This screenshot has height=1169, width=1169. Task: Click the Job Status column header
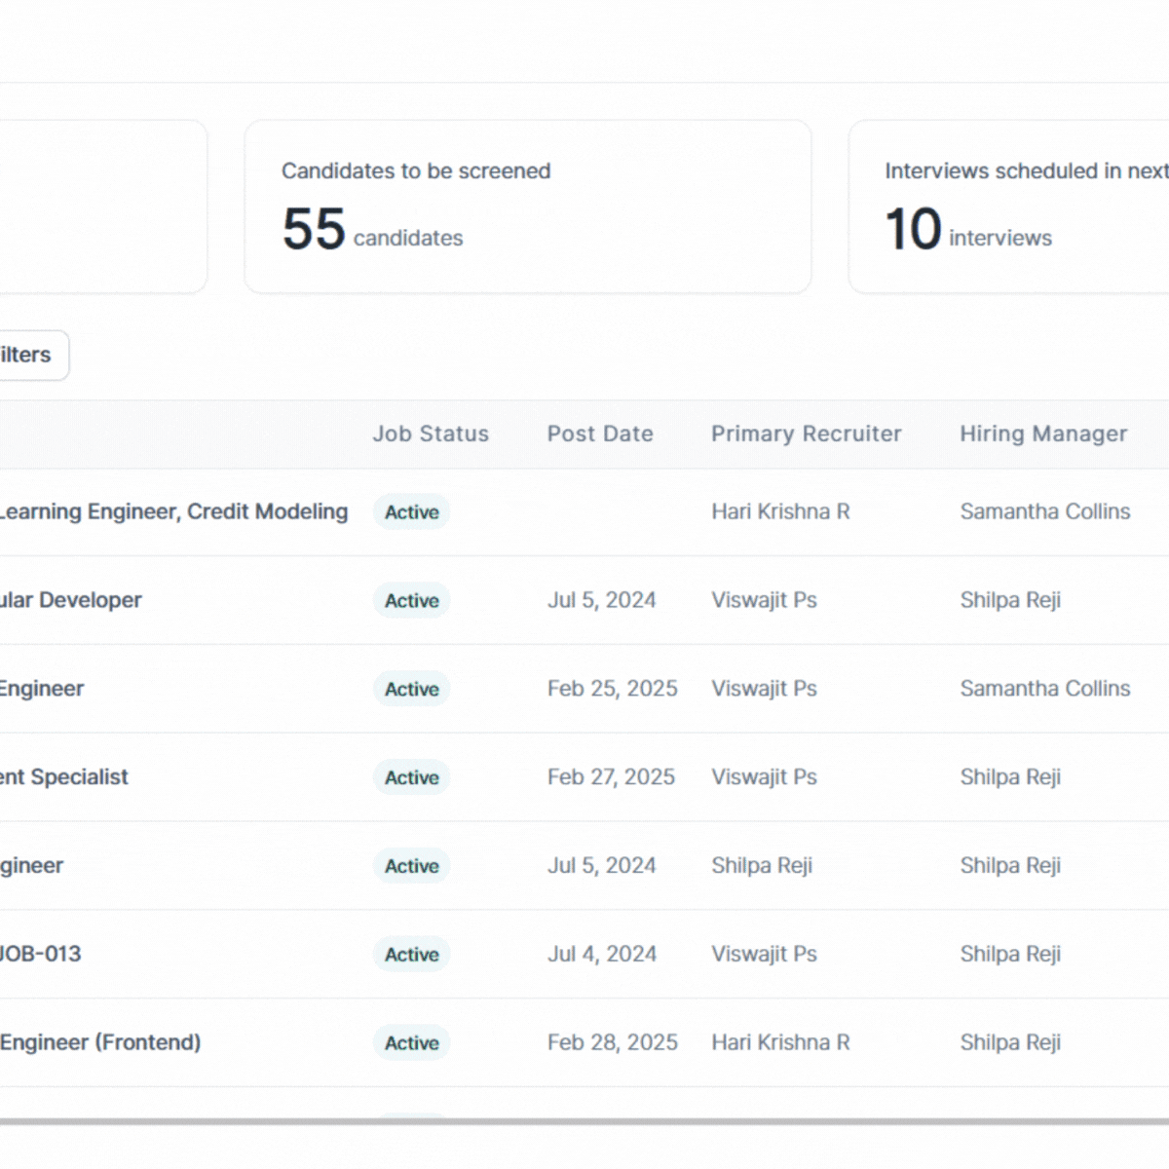tap(431, 434)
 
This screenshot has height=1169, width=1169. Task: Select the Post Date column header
tap(600, 434)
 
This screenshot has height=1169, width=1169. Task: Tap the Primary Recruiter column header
tap(806, 434)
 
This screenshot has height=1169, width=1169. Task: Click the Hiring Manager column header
tap(1043, 434)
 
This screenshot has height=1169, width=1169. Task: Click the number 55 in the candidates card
tap(314, 230)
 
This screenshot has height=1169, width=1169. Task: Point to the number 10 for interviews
tap(913, 230)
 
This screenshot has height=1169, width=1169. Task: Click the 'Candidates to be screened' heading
tap(416, 171)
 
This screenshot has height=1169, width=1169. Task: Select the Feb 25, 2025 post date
tap(612, 689)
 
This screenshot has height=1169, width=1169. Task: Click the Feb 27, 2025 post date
tap(611, 777)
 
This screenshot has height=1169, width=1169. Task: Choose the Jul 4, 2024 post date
tap(601, 954)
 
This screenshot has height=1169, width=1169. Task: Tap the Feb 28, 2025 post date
tap(612, 1042)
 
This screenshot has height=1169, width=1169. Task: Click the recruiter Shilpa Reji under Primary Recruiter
tap(761, 866)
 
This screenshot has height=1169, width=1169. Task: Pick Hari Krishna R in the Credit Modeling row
tap(780, 512)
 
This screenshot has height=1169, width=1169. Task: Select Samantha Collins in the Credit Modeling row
tap(1044, 512)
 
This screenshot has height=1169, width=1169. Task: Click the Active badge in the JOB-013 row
tap(411, 955)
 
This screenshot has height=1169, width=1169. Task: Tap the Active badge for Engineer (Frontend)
tap(411, 1043)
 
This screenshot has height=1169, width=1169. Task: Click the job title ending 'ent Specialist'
tap(64, 777)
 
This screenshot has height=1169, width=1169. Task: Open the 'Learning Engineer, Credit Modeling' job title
tap(173, 512)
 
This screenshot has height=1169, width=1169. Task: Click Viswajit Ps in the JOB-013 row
tap(764, 954)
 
